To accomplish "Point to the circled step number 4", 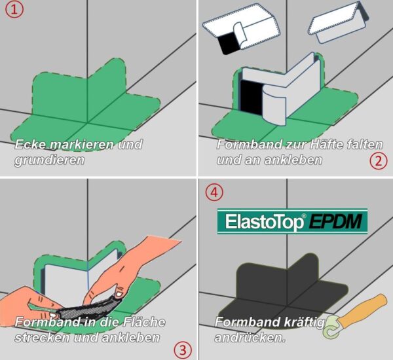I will tap(214, 192).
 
